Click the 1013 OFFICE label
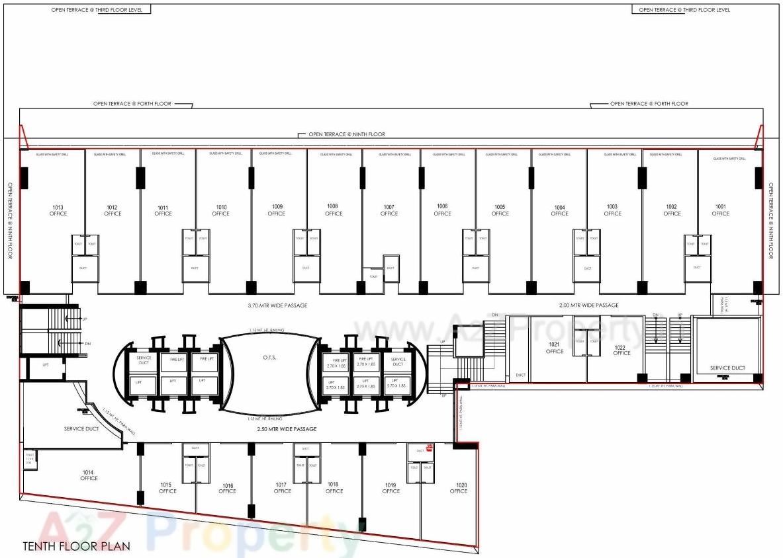(x=58, y=210)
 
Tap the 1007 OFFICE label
(x=389, y=210)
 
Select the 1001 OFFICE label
(x=720, y=210)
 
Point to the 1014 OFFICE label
(x=89, y=475)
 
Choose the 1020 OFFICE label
(x=458, y=488)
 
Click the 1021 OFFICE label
(x=555, y=348)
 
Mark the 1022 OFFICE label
(x=622, y=350)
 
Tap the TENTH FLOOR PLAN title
(x=76, y=546)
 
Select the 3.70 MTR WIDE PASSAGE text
(x=277, y=305)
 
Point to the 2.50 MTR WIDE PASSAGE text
(x=287, y=429)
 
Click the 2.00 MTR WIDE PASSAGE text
(x=588, y=305)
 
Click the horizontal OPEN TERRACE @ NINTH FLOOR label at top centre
(x=346, y=134)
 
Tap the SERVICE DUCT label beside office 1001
(x=727, y=368)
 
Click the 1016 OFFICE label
(x=227, y=488)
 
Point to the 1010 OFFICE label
(x=221, y=210)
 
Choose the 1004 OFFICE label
(x=559, y=210)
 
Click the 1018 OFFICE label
(x=334, y=487)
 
